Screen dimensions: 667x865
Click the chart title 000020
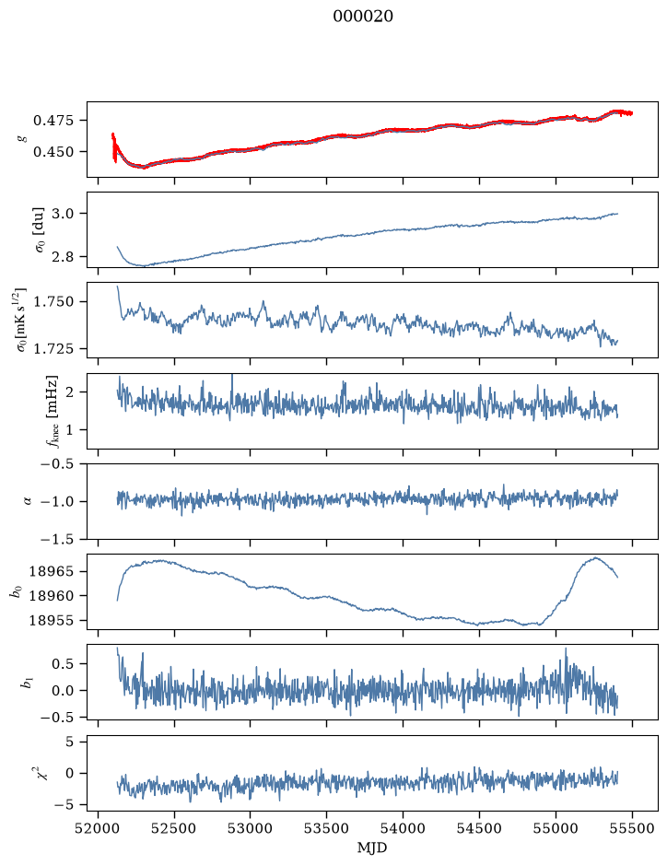[x=363, y=17]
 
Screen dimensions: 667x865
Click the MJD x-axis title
[x=372, y=847]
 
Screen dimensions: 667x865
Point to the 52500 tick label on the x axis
[x=174, y=828]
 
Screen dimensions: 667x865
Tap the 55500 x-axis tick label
[x=632, y=828]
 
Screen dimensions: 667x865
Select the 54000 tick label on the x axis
[x=403, y=828]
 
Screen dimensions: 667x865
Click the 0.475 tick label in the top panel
[x=53, y=121]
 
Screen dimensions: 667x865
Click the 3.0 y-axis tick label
[x=63, y=214]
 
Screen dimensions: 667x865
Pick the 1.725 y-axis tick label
[x=53, y=348]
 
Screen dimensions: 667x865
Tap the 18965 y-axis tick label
[x=52, y=571]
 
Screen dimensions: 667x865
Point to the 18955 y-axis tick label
[x=52, y=621]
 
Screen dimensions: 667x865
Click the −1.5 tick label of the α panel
[x=57, y=539]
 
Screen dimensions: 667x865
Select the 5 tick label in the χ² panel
[x=69, y=742]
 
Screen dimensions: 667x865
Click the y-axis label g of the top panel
[x=23, y=139]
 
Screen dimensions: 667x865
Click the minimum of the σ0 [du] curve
[x=145, y=266]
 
